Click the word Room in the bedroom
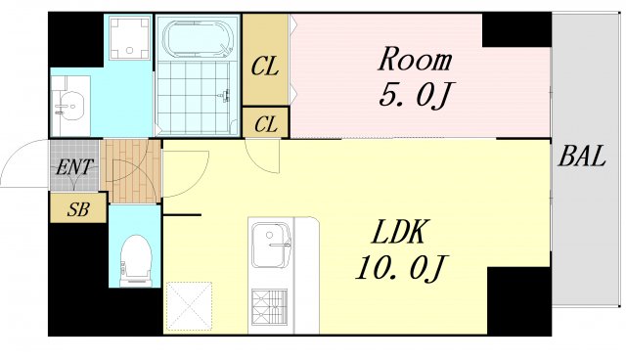click(x=415, y=61)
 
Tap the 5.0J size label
click(x=414, y=96)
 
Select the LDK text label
click(x=398, y=232)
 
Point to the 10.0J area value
click(x=400, y=268)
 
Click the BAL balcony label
click(x=582, y=157)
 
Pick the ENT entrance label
click(x=74, y=167)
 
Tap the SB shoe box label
click(x=78, y=209)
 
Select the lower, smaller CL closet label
click(x=265, y=124)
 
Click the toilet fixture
click(x=136, y=260)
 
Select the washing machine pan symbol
click(x=129, y=37)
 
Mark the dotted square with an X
click(x=189, y=306)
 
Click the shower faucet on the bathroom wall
click(x=225, y=95)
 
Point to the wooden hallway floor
click(x=130, y=171)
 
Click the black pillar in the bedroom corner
click(x=516, y=29)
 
